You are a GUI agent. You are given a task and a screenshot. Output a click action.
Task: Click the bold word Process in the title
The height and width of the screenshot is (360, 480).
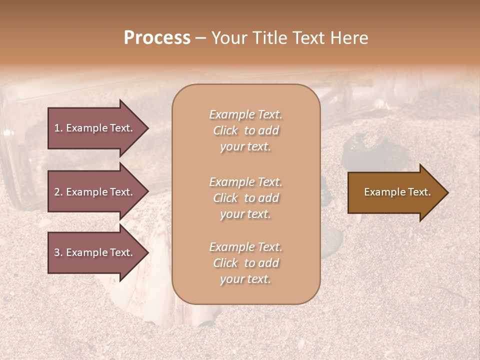point(157,38)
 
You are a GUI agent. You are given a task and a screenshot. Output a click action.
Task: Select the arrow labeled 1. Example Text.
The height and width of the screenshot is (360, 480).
point(95,128)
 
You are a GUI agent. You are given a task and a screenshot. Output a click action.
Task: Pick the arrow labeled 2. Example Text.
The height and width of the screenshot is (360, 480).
point(95,192)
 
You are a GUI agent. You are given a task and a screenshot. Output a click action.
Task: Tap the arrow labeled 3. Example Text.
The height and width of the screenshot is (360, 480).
point(95,252)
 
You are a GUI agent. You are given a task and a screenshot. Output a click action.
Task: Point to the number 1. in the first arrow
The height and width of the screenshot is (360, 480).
point(58,128)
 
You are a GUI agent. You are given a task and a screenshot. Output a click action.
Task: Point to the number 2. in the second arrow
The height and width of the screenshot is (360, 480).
point(58,192)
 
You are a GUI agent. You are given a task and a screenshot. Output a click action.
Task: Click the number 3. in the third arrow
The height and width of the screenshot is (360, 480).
point(58,252)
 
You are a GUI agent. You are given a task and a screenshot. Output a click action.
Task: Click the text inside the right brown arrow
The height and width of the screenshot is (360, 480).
point(397,192)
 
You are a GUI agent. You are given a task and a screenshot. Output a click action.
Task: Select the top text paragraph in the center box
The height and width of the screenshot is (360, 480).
point(245,130)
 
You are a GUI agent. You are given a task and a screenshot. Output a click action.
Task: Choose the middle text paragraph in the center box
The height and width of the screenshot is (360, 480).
point(245,198)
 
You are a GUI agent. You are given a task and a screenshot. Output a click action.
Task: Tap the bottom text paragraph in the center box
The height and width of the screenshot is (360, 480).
point(245,263)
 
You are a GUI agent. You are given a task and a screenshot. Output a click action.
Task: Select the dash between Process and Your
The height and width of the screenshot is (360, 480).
point(201,38)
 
